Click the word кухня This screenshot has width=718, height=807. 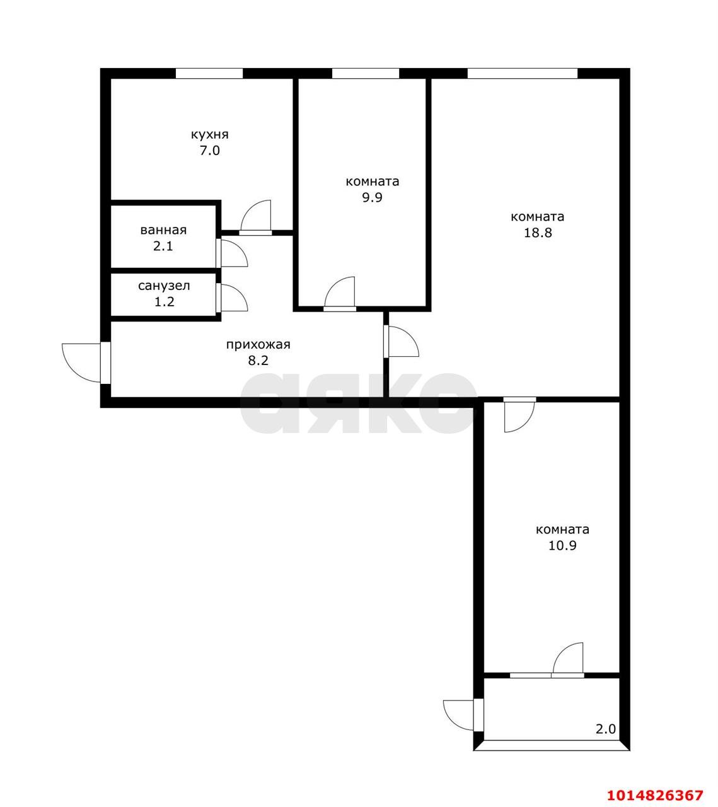click(210, 135)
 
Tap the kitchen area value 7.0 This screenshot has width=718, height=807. click(210, 151)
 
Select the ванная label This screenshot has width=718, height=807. click(163, 230)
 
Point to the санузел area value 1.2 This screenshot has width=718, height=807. click(164, 302)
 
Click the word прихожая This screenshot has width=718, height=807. click(258, 344)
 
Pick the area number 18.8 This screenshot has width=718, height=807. click(538, 233)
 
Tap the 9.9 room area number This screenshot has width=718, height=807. click(373, 197)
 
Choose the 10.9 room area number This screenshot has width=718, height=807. click(562, 545)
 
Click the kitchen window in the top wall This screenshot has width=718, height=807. click(209, 74)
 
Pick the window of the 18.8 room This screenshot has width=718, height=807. click(523, 74)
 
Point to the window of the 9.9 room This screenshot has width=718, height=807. click(366, 74)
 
